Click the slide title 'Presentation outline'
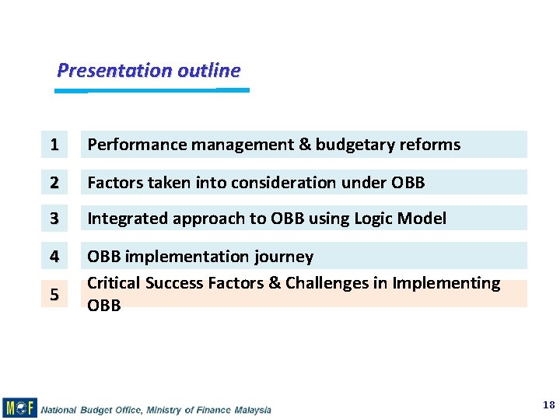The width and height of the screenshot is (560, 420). click(x=149, y=71)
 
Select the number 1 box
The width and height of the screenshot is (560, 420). click(x=54, y=145)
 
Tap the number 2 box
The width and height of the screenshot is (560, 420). click(x=54, y=183)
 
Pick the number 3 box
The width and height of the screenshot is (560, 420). click(x=54, y=219)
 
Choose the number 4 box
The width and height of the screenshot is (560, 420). click(x=54, y=256)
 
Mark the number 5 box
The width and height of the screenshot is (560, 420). click(x=54, y=294)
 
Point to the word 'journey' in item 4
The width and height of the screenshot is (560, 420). click(x=285, y=257)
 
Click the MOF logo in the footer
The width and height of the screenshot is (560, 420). click(x=19, y=408)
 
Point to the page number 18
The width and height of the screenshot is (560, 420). click(x=548, y=405)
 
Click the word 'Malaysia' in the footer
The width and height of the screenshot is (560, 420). click(x=250, y=409)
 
